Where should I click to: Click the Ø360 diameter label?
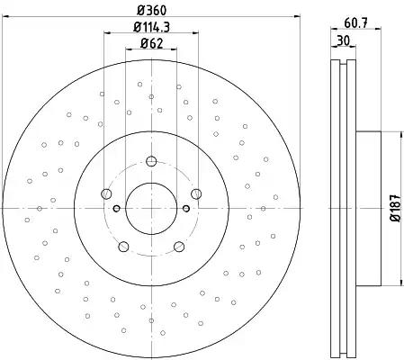[x=151, y=11]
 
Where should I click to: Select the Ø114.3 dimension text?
[x=151, y=27]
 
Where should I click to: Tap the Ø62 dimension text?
[x=151, y=44]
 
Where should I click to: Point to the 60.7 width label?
[x=355, y=23]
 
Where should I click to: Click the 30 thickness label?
[x=344, y=40]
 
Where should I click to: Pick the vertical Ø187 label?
[x=396, y=208]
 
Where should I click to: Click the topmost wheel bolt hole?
[x=151, y=161]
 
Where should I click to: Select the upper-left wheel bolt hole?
[x=106, y=193]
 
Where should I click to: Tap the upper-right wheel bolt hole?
[x=196, y=193]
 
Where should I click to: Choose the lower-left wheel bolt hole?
[x=123, y=247]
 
